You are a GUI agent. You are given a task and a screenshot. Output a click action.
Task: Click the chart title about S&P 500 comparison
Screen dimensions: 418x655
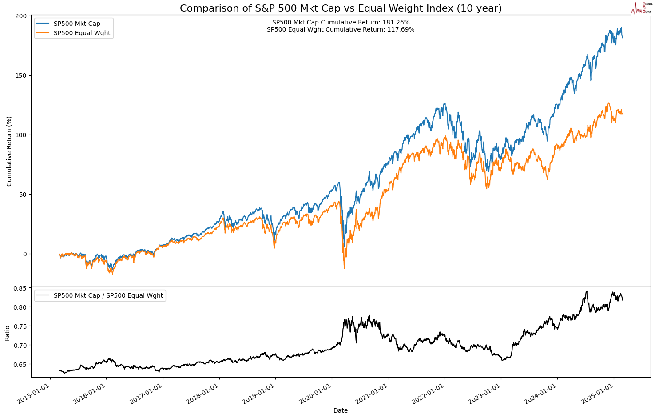[341, 8]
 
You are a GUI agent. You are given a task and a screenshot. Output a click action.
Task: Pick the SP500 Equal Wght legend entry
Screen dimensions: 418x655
[82, 33]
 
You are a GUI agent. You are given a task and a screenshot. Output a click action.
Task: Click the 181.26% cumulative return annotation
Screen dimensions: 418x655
[341, 22]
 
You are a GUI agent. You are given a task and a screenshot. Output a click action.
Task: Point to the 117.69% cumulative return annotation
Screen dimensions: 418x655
[341, 30]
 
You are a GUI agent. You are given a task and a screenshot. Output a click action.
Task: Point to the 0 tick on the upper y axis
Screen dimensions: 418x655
[25, 254]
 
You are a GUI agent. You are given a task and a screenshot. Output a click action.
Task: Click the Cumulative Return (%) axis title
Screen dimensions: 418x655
[9, 151]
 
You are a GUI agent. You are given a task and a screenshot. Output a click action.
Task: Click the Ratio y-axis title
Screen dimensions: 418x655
[7, 333]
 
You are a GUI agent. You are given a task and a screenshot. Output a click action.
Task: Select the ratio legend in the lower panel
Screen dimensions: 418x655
[100, 295]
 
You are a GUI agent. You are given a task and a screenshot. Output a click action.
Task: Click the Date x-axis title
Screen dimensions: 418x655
[341, 411]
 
